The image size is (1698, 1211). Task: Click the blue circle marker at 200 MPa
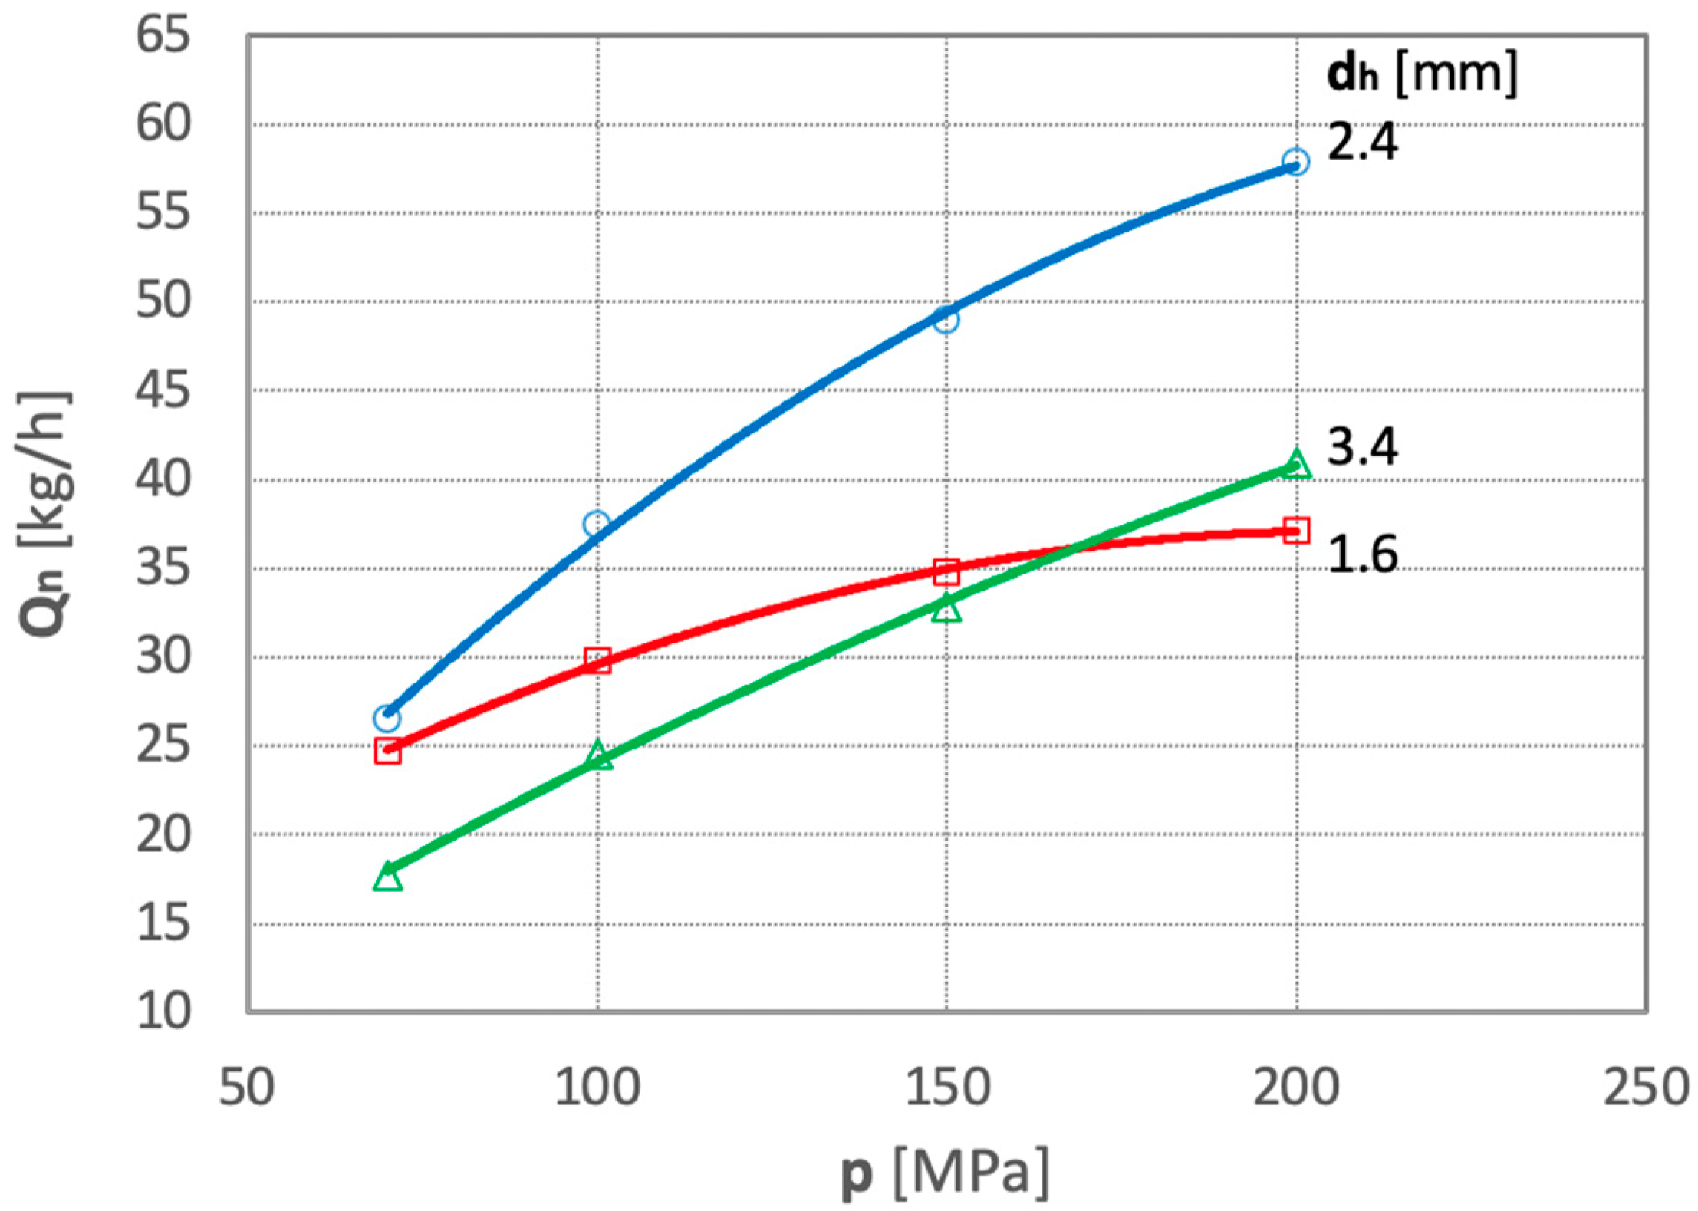tap(1295, 162)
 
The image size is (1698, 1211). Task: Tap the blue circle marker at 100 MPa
tap(597, 525)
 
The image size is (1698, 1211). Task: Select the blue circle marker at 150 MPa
tap(946, 319)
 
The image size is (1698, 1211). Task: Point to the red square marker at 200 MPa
tap(1295, 531)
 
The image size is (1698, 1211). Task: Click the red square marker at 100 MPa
tap(597, 660)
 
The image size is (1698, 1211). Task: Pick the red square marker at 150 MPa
tap(946, 571)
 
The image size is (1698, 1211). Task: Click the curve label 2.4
tap(1362, 142)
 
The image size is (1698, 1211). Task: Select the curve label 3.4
tap(1362, 447)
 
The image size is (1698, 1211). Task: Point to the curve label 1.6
tap(1362, 554)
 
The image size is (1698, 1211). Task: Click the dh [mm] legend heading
tap(1421, 74)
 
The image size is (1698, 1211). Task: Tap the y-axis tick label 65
tap(163, 35)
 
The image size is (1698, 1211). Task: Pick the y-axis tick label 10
tap(163, 1011)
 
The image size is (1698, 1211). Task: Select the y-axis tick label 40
tap(163, 480)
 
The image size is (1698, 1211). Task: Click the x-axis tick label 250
tap(1646, 1088)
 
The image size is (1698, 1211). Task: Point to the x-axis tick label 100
tap(597, 1088)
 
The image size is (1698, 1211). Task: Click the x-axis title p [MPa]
tap(945, 1173)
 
